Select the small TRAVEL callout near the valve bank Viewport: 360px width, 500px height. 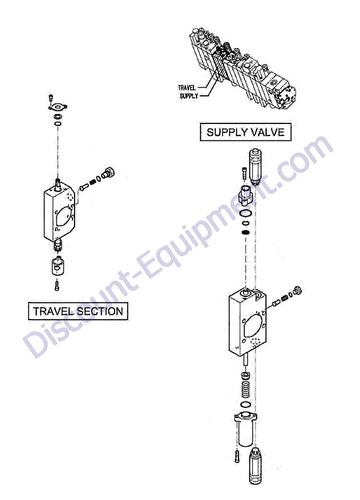[x=187, y=87]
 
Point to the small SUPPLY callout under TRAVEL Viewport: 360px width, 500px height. [x=189, y=96]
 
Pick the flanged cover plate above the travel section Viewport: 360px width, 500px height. [x=58, y=107]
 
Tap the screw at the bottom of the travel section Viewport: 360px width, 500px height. [x=57, y=284]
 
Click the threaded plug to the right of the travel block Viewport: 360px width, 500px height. [x=108, y=174]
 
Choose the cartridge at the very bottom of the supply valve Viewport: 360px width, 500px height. [x=255, y=465]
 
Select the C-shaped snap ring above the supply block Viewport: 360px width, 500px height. [x=245, y=223]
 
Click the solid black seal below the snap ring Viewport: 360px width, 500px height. [x=245, y=232]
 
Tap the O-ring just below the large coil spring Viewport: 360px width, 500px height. [x=245, y=405]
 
